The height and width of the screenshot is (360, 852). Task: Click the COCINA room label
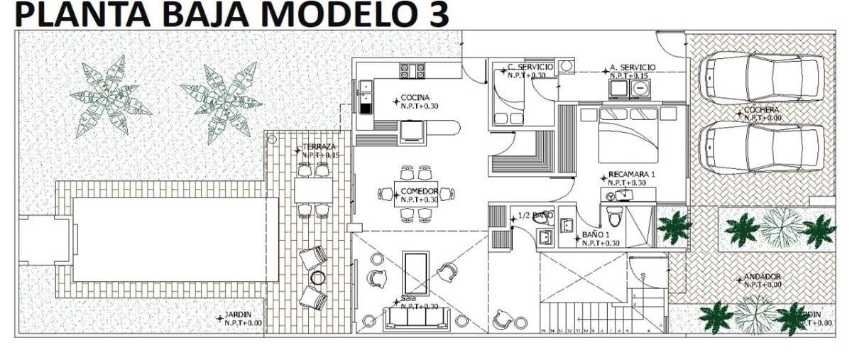(x=415, y=97)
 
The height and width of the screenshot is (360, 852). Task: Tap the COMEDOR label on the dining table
(x=418, y=192)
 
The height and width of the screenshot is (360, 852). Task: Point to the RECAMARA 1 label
(x=632, y=175)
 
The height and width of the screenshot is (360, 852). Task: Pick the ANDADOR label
(x=763, y=277)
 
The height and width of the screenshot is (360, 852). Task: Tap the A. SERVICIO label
(x=632, y=68)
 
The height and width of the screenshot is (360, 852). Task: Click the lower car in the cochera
(x=761, y=147)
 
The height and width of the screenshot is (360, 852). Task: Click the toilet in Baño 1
(x=615, y=217)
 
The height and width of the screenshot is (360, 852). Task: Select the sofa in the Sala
(x=415, y=318)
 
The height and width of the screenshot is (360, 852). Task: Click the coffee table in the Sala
(x=415, y=272)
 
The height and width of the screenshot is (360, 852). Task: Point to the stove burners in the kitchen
(x=413, y=70)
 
